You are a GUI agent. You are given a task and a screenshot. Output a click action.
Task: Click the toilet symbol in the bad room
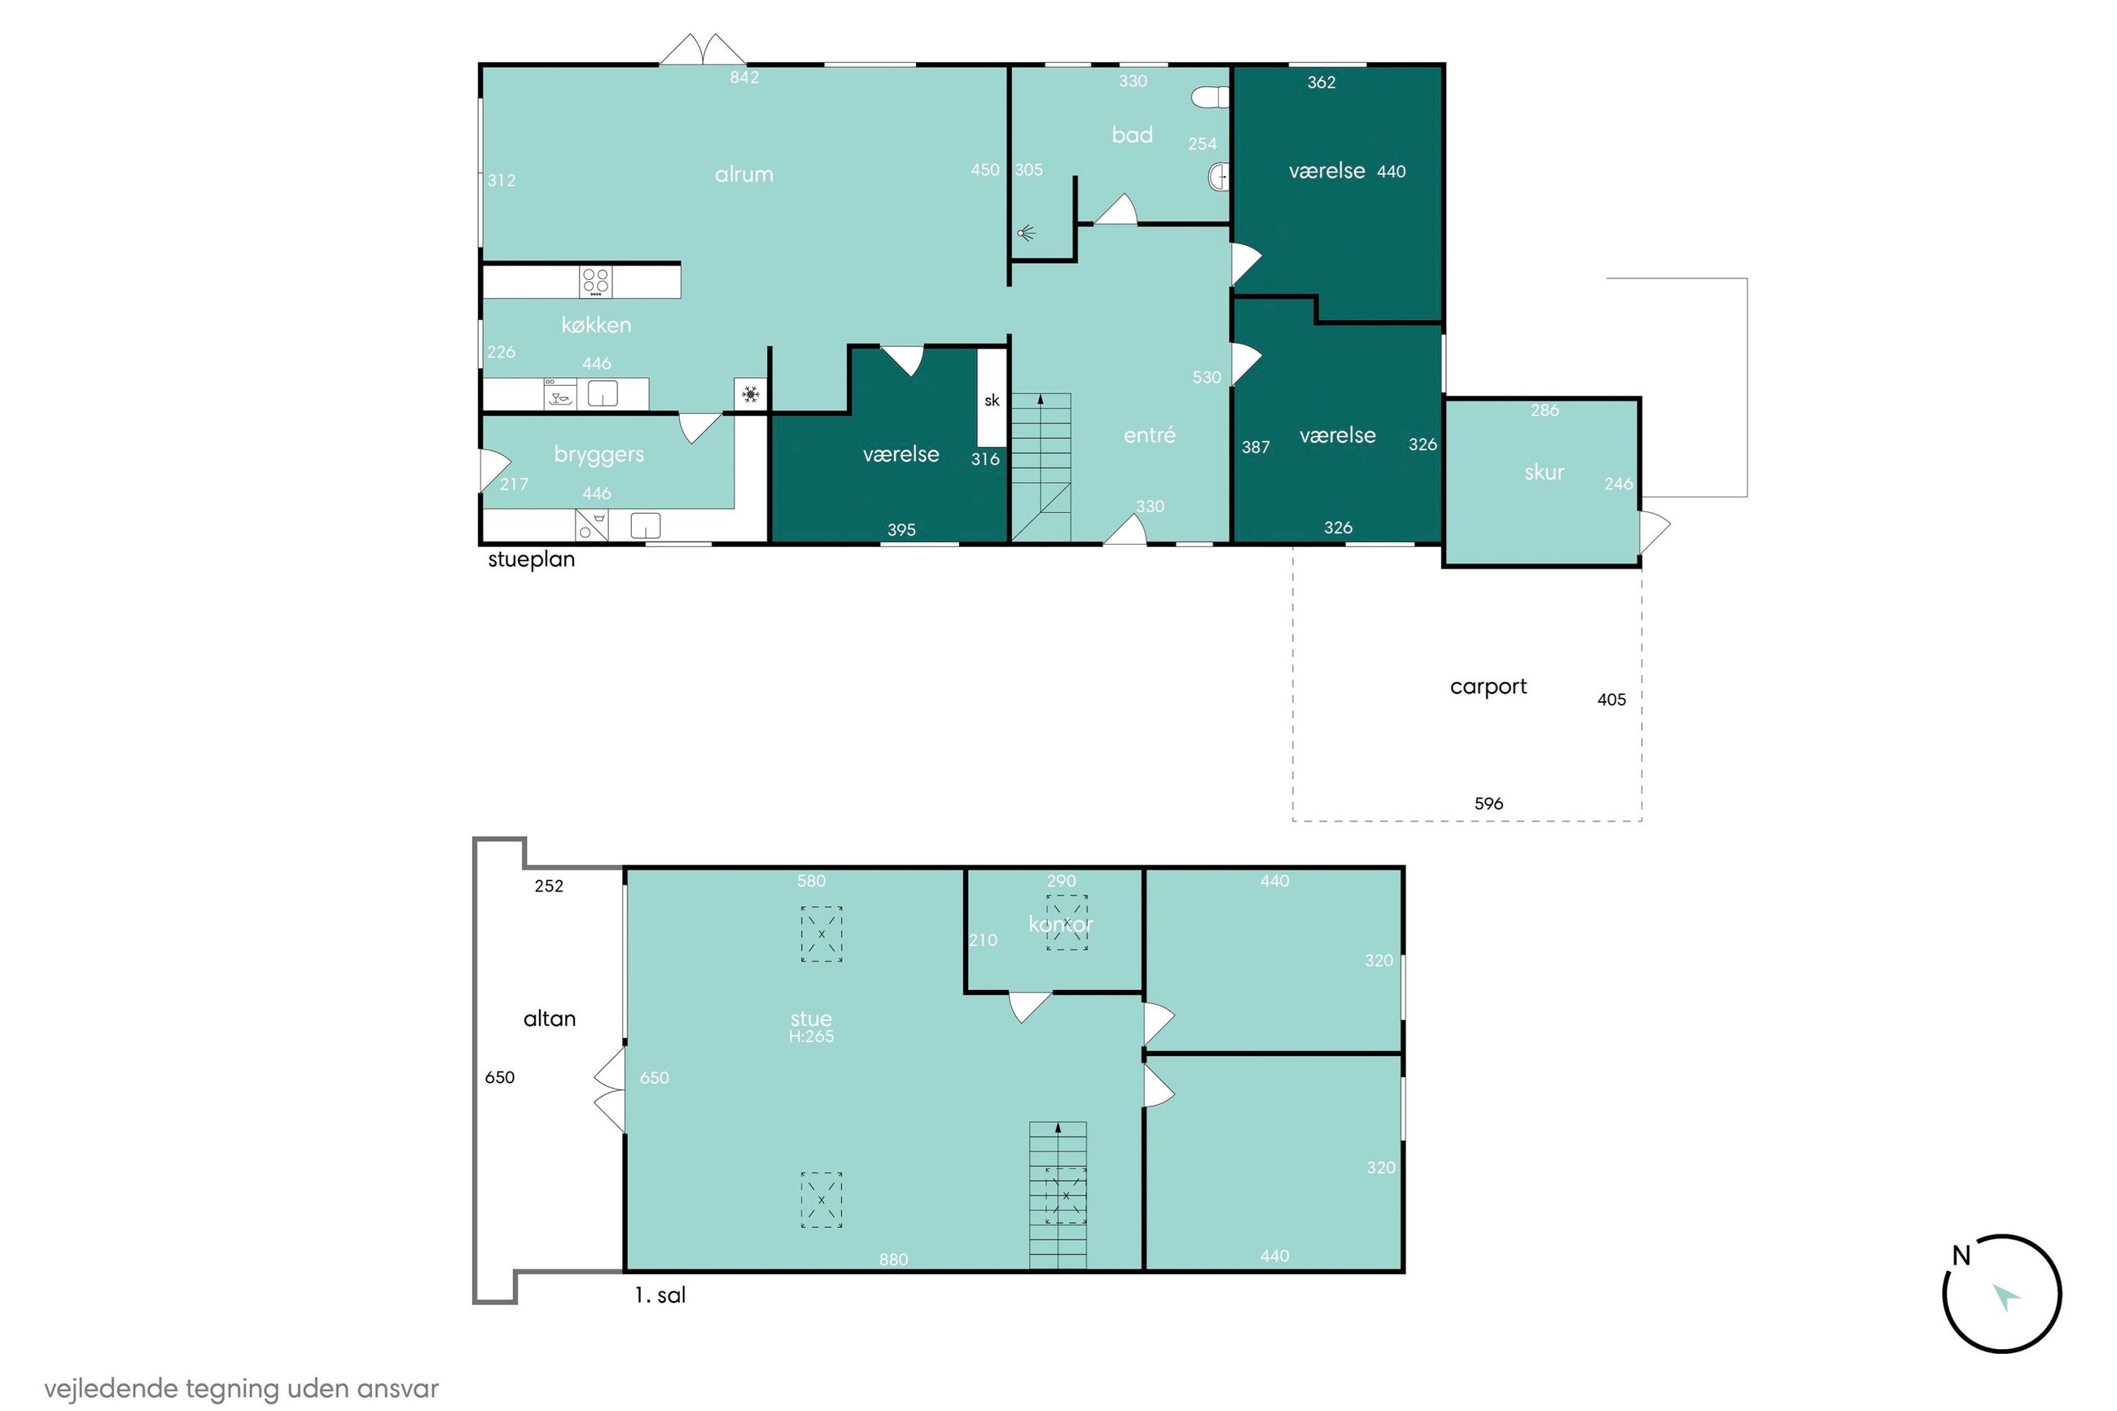pyautogui.click(x=1209, y=97)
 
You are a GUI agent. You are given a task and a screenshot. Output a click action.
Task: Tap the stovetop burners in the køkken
pyautogui.click(x=595, y=281)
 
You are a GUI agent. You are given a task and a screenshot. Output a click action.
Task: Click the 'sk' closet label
pyautogui.click(x=992, y=401)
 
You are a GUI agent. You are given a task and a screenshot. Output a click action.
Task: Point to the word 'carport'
pyautogui.click(x=1488, y=686)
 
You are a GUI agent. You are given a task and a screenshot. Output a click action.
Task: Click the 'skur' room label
pyautogui.click(x=1544, y=472)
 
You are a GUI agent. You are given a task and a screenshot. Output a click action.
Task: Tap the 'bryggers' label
pyautogui.click(x=598, y=454)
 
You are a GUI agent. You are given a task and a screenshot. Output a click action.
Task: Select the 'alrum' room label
pyautogui.click(x=744, y=174)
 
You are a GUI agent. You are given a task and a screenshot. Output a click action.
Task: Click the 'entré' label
pyautogui.click(x=1149, y=435)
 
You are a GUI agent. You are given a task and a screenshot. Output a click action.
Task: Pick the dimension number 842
pyautogui.click(x=744, y=77)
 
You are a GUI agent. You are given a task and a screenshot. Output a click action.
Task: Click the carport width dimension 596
pyautogui.click(x=1488, y=804)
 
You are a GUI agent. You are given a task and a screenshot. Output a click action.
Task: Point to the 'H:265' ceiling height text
pyautogui.click(x=811, y=1036)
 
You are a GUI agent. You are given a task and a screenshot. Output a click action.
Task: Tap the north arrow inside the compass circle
pyautogui.click(x=2005, y=1297)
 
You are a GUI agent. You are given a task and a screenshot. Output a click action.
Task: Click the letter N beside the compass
pyautogui.click(x=1961, y=1255)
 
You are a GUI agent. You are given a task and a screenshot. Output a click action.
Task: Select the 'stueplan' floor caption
pyautogui.click(x=531, y=559)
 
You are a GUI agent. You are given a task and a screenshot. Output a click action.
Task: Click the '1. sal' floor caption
pyautogui.click(x=660, y=1295)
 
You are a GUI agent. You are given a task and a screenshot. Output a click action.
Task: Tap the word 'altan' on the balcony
pyautogui.click(x=549, y=1019)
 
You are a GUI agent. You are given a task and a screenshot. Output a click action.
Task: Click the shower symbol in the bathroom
pyautogui.click(x=1027, y=234)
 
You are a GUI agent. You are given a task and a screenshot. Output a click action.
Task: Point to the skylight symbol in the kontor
pyautogui.click(x=1066, y=922)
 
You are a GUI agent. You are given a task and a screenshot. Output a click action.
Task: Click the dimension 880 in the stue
pyautogui.click(x=892, y=1260)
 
